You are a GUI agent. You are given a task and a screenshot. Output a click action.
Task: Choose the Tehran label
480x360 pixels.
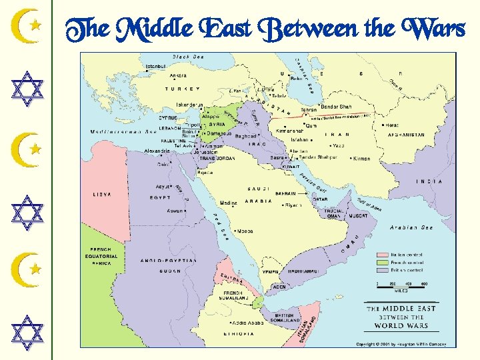click(309, 109)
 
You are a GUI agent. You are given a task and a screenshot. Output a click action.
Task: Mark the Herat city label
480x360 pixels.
click(392, 125)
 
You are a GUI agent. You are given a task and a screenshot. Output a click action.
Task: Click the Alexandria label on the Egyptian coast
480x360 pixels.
click(157, 151)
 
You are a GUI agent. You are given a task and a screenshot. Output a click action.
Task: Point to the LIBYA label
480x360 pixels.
click(102, 194)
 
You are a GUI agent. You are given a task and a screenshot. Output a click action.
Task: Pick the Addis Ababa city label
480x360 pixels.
click(247, 322)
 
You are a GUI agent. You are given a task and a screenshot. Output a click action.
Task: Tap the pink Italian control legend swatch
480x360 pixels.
click(382, 255)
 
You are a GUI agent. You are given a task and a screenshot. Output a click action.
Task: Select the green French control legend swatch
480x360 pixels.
click(382, 263)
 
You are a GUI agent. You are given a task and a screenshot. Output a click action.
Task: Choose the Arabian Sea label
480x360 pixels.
click(412, 227)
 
